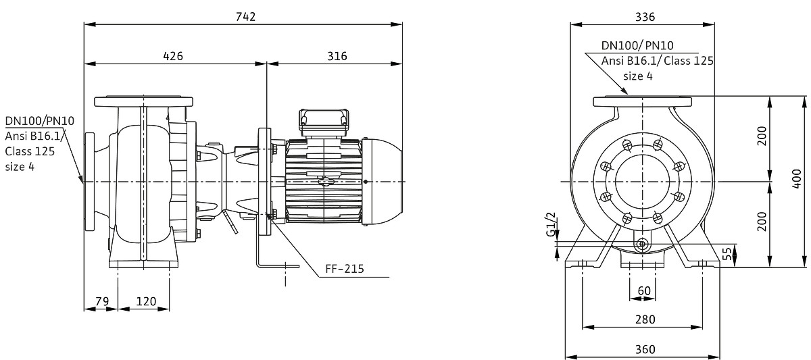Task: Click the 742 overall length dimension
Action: click(245, 17)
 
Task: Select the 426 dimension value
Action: click(173, 56)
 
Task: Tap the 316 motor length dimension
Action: click(337, 56)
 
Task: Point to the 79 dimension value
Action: click(102, 301)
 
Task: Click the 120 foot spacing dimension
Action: click(146, 301)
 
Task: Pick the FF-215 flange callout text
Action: click(344, 269)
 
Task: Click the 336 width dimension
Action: click(645, 17)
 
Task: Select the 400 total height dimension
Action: click(797, 179)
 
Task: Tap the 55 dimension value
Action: click(727, 254)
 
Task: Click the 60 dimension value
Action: click(644, 291)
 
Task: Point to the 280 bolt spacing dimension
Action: click(645, 319)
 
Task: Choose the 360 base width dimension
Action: click(645, 349)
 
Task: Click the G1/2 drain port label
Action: click(551, 224)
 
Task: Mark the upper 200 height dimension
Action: click(762, 136)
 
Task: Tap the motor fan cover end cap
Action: click(383, 181)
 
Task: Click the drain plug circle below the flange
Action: click(642, 245)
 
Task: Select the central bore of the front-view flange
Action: click(642, 182)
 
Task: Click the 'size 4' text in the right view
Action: click(637, 76)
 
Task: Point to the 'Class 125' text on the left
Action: click(30, 151)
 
